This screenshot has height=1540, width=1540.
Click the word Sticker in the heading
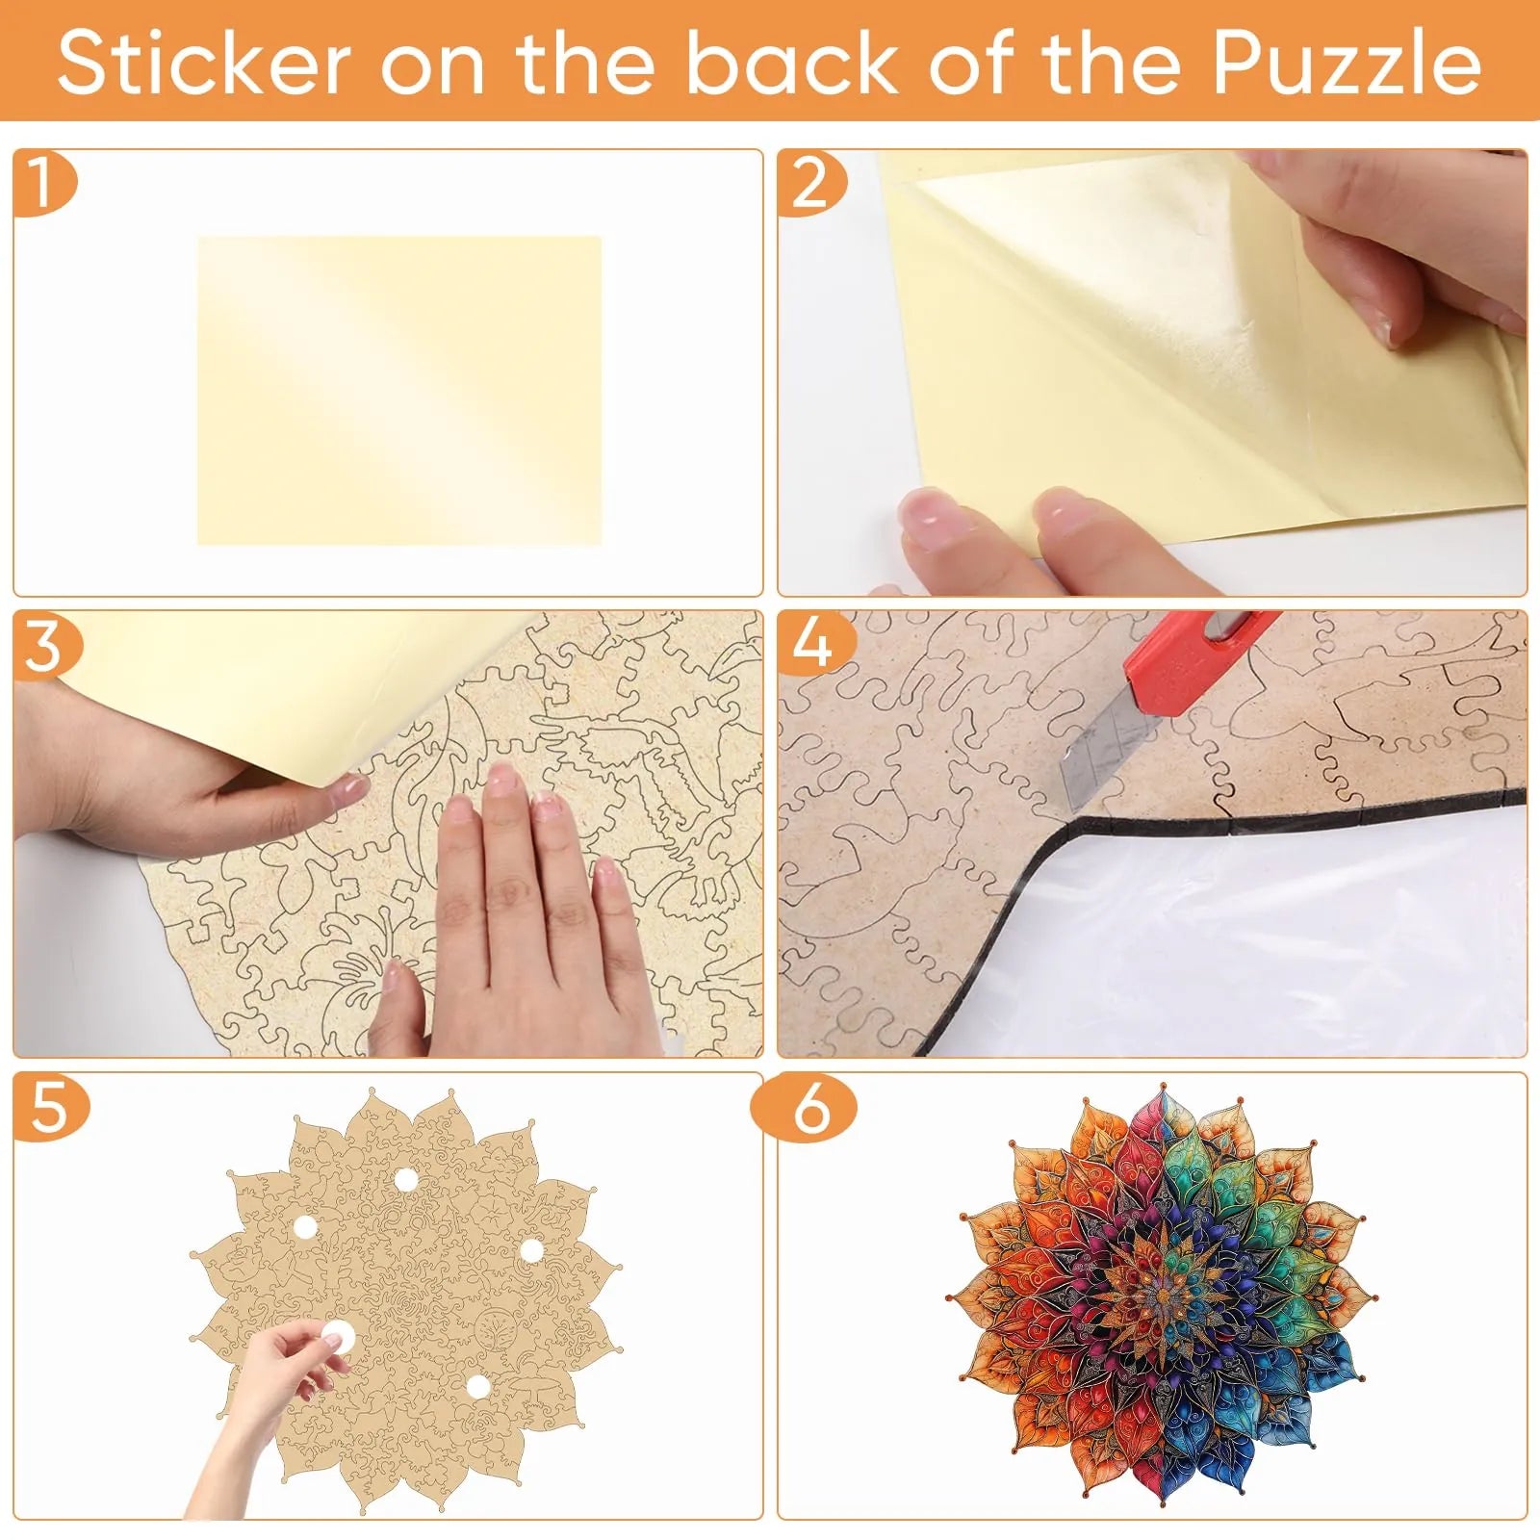pyautogui.click(x=203, y=64)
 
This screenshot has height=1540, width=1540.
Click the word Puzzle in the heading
pyautogui.click(x=1346, y=64)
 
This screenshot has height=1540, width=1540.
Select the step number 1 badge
pyautogui.click(x=43, y=182)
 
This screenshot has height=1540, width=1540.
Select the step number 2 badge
pyautogui.click(x=811, y=182)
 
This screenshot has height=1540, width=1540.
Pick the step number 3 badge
pyautogui.click(x=45, y=644)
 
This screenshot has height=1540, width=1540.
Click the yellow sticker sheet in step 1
pyautogui.click(x=399, y=391)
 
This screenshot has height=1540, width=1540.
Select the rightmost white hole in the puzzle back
pyautogui.click(x=531, y=1250)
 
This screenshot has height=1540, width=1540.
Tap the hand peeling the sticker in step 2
pyautogui.click(x=1396, y=245)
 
